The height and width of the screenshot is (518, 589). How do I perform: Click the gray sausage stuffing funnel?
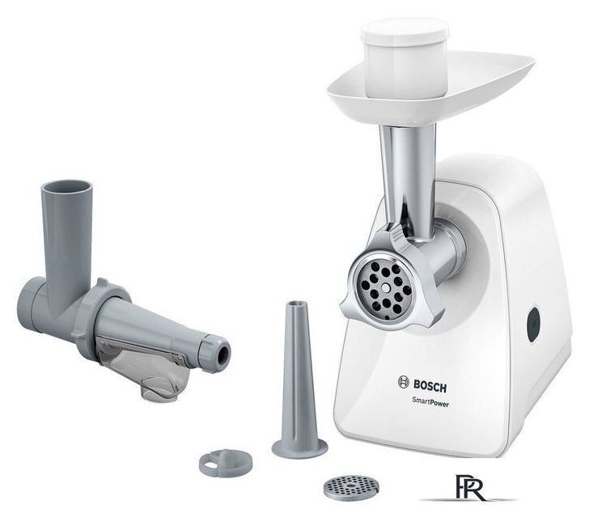tap(299, 372)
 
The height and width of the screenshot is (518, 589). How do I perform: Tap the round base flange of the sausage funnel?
tap(299, 447)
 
